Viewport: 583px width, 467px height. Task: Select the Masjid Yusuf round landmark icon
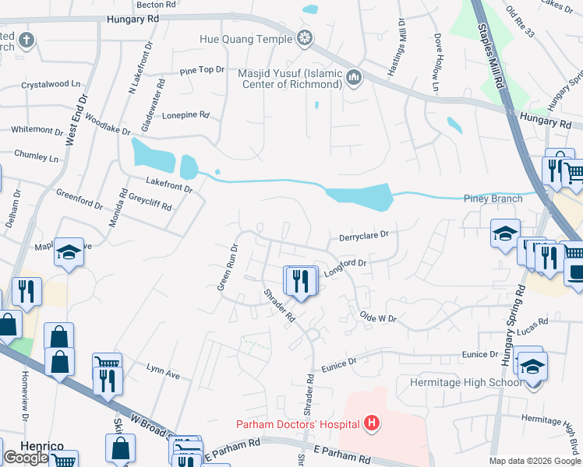[355, 76]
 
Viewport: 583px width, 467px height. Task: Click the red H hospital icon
[373, 423]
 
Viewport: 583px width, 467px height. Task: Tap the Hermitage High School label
[459, 382]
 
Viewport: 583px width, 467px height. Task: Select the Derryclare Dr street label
[363, 235]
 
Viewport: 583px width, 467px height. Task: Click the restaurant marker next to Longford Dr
[301, 280]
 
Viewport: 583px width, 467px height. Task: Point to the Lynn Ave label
[163, 371]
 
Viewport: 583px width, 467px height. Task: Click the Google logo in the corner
[26, 458]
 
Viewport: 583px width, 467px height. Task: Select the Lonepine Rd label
[185, 114]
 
